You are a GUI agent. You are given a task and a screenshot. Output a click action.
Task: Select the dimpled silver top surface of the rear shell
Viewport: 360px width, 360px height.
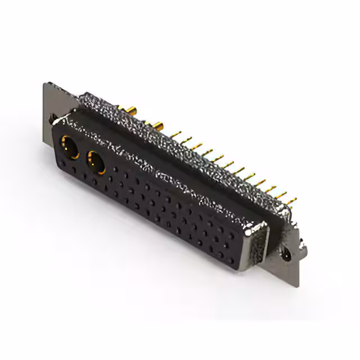coord(186,146)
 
